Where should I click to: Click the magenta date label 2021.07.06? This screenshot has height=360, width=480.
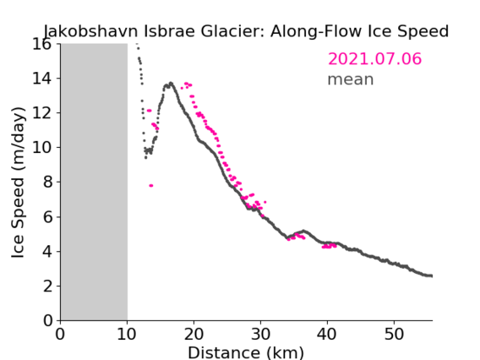[x=374, y=59]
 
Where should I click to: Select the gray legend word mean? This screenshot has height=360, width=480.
[x=351, y=79]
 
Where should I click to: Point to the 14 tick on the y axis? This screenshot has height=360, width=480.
[x=41, y=79]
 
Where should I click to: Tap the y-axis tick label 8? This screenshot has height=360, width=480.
[x=47, y=183]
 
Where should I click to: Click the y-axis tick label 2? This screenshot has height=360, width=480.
[x=47, y=286]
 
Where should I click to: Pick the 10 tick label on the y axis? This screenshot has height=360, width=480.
[x=41, y=148]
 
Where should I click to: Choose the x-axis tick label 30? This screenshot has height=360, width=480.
[x=260, y=334]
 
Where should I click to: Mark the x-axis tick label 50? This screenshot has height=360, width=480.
[x=394, y=334]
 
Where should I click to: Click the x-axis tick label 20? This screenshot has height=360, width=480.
[x=194, y=334]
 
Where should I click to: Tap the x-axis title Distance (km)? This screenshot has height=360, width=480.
[x=246, y=353]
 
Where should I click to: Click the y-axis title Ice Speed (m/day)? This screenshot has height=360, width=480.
[x=18, y=183]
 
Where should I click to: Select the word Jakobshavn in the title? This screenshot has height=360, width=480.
[x=91, y=31]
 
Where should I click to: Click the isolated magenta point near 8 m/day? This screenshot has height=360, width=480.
[x=151, y=186]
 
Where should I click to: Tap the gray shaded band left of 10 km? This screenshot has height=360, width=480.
[x=94, y=183]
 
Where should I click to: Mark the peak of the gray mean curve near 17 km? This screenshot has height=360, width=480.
[x=171, y=83]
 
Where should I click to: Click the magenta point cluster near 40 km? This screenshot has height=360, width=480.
[x=329, y=246]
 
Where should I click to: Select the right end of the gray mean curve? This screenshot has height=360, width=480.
[x=431, y=275]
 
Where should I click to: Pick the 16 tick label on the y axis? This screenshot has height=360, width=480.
[x=41, y=44]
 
